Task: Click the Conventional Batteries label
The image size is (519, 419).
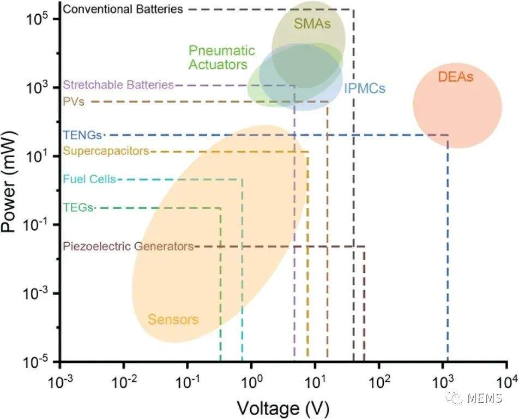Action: point(123,9)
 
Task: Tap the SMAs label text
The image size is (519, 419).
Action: point(312,23)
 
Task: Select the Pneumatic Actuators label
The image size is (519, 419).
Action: point(222,57)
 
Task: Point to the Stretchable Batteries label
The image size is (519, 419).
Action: point(118,85)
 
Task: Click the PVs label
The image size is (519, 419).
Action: point(74,101)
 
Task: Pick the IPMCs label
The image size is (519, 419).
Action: point(365,88)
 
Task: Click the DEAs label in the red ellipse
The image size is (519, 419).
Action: point(455,77)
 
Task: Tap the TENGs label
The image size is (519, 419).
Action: point(82,135)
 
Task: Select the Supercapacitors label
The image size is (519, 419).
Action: point(106,151)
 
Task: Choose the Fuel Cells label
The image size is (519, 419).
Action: point(89,179)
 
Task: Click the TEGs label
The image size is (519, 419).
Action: point(78,207)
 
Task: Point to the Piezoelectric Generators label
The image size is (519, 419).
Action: point(128,247)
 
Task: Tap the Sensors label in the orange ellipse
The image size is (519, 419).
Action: point(173,319)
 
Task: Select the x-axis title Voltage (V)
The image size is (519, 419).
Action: point(283,408)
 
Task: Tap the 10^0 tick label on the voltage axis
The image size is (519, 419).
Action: point(251,382)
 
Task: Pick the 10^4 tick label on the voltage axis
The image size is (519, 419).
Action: point(506,382)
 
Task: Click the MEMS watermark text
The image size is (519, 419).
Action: point(485,398)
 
